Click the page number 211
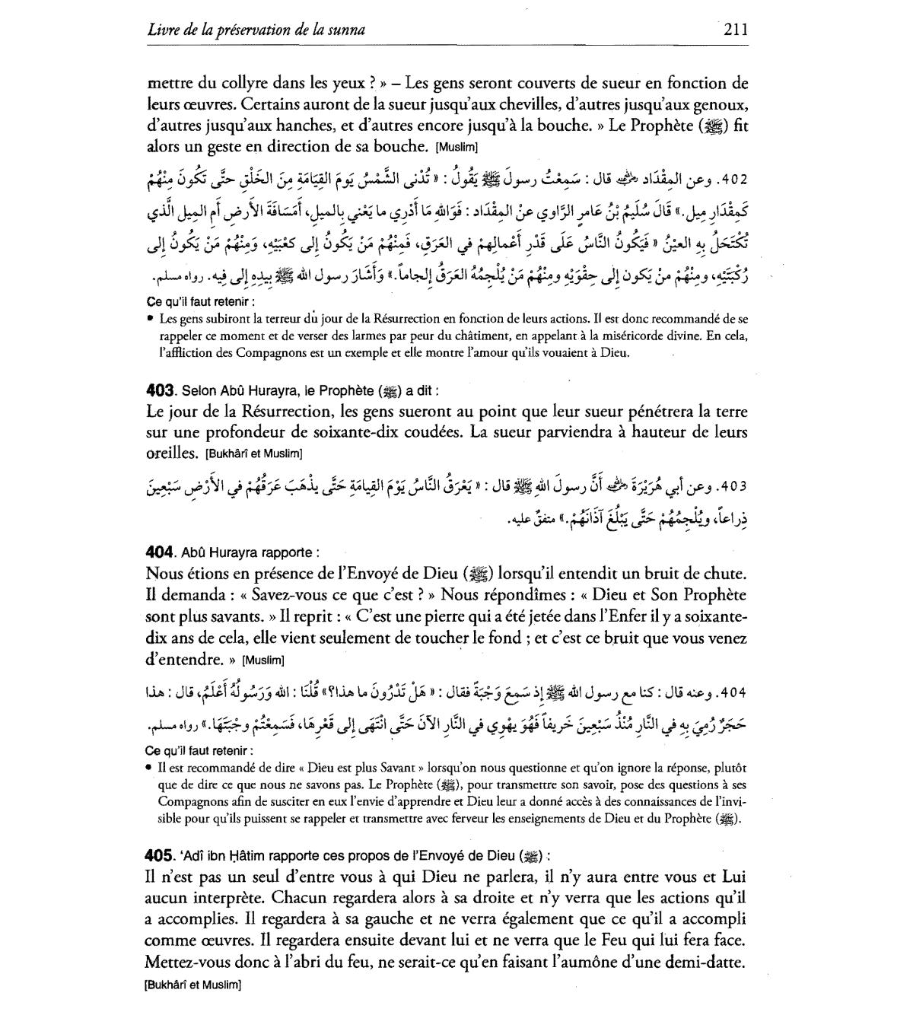click(736, 30)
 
